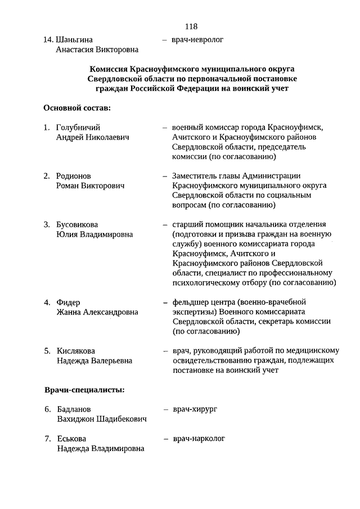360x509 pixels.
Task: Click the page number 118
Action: tap(190, 26)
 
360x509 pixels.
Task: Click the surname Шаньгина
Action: tap(74, 39)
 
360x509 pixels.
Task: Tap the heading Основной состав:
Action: tap(76, 107)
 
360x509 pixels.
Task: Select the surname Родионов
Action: tap(74, 176)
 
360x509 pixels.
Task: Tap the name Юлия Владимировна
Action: tap(94, 235)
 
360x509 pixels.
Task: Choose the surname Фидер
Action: tap(69, 302)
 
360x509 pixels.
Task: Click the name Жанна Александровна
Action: tap(97, 312)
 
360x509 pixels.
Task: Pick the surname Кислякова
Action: tap(76, 351)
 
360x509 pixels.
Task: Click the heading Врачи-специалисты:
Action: tap(84, 389)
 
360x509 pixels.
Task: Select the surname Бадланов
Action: tap(74, 409)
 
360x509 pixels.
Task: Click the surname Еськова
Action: tap(71, 438)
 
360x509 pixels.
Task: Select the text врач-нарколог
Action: tap(199, 438)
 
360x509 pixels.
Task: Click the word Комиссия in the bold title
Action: tap(109, 67)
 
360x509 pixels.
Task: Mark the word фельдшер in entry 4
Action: tap(190, 302)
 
